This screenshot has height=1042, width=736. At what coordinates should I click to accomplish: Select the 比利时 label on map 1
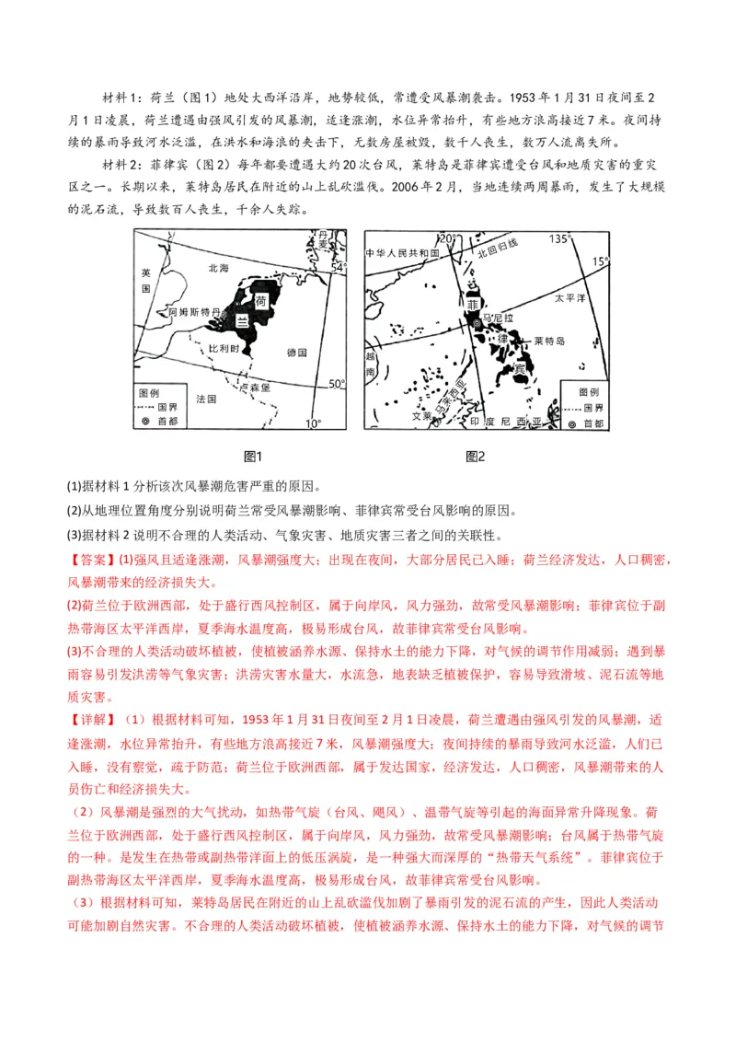tap(224, 351)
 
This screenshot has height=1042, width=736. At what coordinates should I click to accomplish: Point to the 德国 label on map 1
tap(296, 353)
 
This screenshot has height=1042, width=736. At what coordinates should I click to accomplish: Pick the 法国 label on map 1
tap(206, 399)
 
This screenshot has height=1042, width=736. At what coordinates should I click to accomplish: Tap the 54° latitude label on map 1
tap(338, 267)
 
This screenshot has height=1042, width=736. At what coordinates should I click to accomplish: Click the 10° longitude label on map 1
tap(314, 423)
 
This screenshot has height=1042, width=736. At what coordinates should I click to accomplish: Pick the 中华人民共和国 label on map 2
tap(403, 253)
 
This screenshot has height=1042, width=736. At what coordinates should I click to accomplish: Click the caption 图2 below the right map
tap(476, 457)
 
